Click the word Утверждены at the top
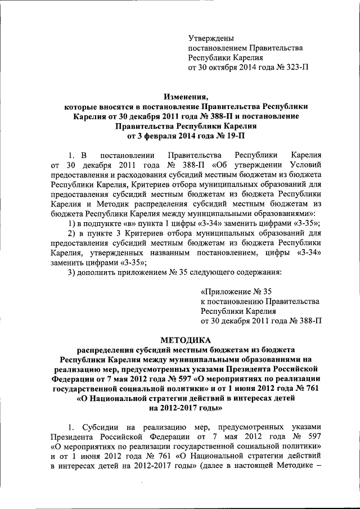coord(210,38)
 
